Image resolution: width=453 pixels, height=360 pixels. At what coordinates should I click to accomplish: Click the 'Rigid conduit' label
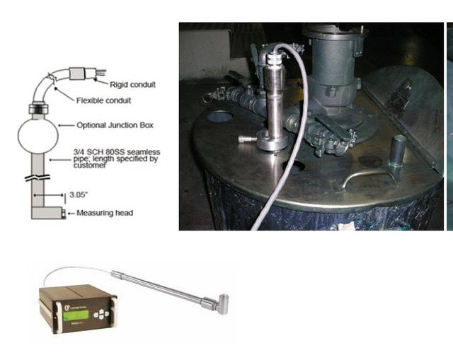point(133,85)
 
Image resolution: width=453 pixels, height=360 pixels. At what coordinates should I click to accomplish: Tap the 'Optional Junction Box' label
point(115,126)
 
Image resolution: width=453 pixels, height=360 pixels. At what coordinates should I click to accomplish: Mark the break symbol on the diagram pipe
point(39,177)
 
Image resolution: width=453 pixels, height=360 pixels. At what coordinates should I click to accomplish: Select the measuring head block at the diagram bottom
point(47,211)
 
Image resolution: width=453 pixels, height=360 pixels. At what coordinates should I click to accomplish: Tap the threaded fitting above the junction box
point(39,110)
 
